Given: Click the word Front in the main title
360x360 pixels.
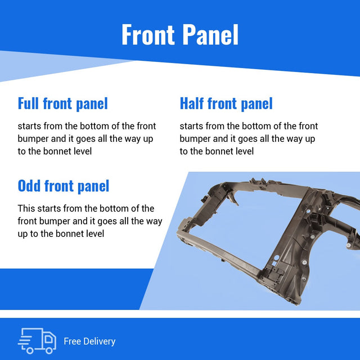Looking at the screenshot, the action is click(148, 34).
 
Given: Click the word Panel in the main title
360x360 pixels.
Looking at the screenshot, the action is click(210, 34).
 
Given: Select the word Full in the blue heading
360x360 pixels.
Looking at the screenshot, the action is click(28, 103).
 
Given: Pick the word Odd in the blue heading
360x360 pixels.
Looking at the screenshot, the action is click(29, 186).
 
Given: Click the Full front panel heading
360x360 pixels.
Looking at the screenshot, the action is click(62, 104).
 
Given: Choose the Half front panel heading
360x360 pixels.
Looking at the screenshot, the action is click(226, 104).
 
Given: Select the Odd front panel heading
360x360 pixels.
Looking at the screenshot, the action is click(64, 186).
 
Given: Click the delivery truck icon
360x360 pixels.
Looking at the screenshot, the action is click(37, 341).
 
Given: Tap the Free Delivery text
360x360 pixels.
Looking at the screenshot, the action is click(89, 341).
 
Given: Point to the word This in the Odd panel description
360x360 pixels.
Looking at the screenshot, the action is click(26, 208).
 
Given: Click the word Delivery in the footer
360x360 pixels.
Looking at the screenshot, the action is click(100, 341).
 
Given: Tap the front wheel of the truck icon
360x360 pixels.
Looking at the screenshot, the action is click(49, 350).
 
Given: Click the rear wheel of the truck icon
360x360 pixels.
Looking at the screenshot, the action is click(30, 350).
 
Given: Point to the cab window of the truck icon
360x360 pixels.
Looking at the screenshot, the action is click(48, 339).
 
